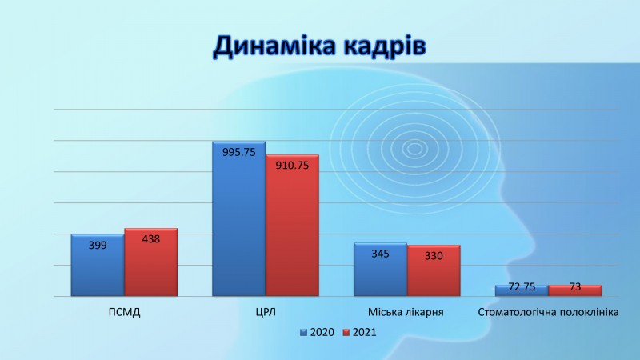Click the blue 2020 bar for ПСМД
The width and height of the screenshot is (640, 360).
[x=98, y=266]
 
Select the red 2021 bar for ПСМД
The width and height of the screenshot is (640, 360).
[x=151, y=262]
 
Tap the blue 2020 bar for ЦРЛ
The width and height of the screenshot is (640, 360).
[x=238, y=218]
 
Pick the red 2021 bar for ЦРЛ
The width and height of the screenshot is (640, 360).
[x=292, y=226]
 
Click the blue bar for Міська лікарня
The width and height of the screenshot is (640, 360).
[x=381, y=270]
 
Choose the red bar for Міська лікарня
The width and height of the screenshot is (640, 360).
[x=434, y=270]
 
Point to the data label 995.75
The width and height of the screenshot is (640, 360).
[x=238, y=152]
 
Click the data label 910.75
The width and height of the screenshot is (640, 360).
[x=292, y=166]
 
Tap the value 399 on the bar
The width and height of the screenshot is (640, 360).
[x=98, y=245]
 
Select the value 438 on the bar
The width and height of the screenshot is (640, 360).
[x=151, y=238]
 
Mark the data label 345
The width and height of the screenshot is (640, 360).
[x=381, y=254]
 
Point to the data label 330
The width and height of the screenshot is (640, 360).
[x=434, y=255]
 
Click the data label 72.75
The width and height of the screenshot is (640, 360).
[x=522, y=286]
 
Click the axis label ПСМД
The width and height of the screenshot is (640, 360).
[x=125, y=312]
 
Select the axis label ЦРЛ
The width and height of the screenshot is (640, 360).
[x=266, y=312]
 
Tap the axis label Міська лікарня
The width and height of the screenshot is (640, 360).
[x=406, y=312]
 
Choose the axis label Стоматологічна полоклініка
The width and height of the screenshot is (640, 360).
[x=548, y=312]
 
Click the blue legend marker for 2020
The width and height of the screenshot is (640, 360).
[x=303, y=332]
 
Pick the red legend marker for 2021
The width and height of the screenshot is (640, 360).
[x=346, y=332]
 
